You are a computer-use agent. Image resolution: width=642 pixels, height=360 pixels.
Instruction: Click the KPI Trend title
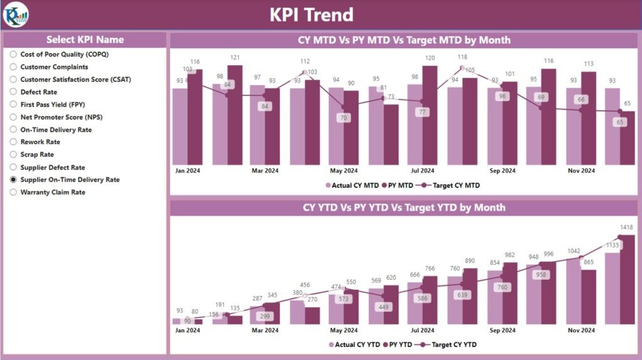[312, 14]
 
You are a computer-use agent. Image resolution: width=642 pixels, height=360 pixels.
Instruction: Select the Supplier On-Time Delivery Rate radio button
[13, 180]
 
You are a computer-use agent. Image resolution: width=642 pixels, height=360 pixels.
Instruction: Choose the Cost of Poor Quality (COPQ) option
[13, 55]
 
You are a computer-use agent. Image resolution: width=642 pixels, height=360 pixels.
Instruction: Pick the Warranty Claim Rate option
[13, 193]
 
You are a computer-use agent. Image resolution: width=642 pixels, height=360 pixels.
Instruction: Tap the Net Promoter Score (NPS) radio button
[13, 117]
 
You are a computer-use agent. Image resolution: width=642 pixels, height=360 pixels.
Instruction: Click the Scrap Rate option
[13, 155]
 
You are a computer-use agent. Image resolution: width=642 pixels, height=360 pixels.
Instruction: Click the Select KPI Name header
[85, 40]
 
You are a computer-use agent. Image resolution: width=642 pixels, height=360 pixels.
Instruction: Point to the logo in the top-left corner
[15, 14]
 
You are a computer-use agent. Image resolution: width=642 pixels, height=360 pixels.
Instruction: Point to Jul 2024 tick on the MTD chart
[423, 171]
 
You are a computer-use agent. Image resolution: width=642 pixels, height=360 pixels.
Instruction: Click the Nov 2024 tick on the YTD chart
[581, 330]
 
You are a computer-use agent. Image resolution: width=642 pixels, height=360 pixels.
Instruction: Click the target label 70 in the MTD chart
[342, 117]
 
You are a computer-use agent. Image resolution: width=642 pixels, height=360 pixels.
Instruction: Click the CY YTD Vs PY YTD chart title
[404, 208]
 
